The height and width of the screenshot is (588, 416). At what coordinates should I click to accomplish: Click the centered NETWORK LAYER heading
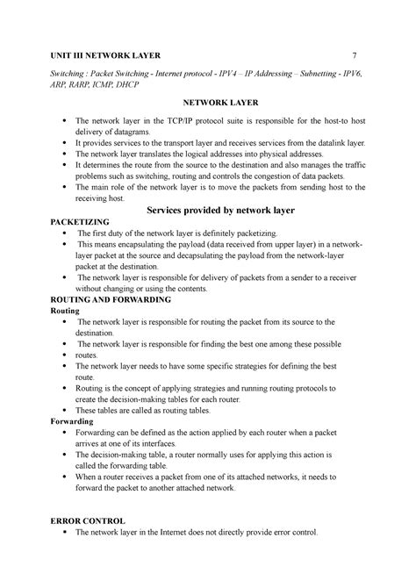[208, 103]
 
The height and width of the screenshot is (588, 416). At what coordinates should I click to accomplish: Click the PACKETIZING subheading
[87, 225]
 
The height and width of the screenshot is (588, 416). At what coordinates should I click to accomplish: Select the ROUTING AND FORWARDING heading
[111, 299]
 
